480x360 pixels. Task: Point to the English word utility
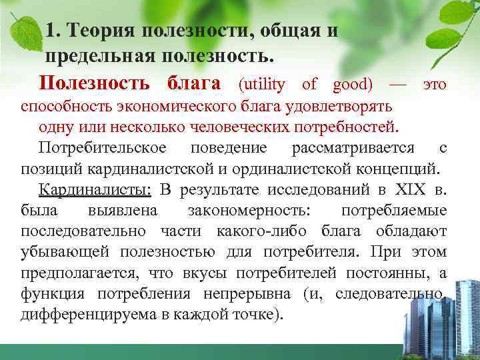coord(262,85)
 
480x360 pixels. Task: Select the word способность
coord(65,107)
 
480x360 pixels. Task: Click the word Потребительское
coord(103,147)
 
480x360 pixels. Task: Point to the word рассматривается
coord(353,147)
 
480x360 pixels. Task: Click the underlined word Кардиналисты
coord(95,190)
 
